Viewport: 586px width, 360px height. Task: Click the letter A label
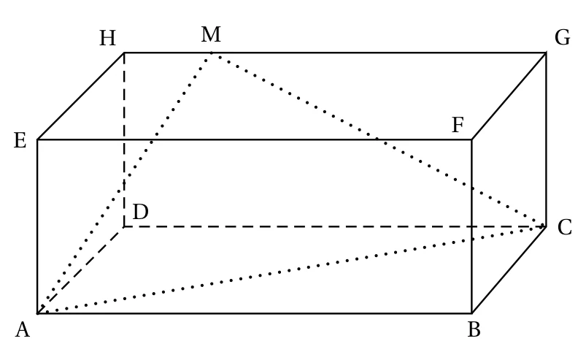click(23, 330)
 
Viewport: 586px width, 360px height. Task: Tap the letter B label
click(474, 330)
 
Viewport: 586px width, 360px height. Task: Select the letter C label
click(564, 227)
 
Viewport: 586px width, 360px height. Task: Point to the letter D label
click(141, 212)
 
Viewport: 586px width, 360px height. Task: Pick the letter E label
click(20, 141)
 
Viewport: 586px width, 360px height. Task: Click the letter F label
click(458, 125)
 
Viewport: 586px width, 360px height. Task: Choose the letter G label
click(563, 38)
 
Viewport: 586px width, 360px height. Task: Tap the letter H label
click(107, 38)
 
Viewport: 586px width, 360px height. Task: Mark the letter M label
click(211, 34)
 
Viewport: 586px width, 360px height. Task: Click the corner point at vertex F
click(471, 139)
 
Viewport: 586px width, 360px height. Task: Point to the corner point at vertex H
click(124, 53)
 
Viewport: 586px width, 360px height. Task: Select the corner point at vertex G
click(546, 53)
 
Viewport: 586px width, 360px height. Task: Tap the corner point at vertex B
click(471, 313)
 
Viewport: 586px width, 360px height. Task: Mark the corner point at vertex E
click(37, 139)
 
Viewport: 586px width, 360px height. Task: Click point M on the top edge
click(212, 53)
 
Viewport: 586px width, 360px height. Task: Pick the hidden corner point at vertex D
click(124, 226)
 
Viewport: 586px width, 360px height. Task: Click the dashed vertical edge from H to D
click(124, 139)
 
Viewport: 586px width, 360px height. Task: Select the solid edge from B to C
click(509, 270)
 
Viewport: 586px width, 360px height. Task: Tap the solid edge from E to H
click(81, 96)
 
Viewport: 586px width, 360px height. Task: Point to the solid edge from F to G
click(509, 96)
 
